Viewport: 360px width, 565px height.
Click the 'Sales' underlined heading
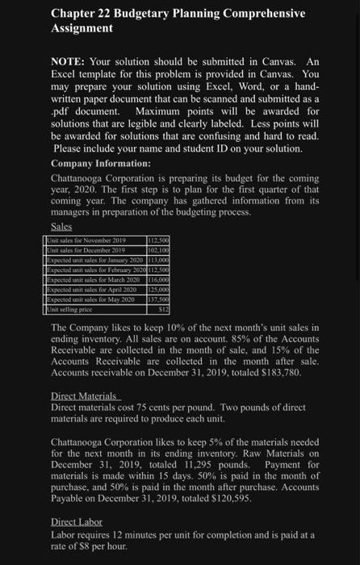(61, 228)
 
